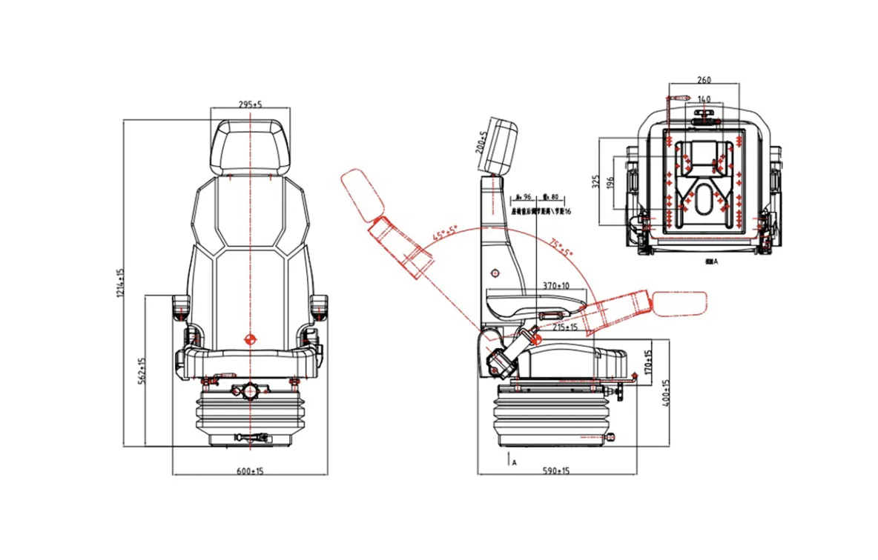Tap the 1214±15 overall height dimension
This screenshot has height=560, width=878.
pos(120,284)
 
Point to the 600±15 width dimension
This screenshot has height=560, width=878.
pos(251,470)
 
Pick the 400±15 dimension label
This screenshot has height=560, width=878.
pos(666,393)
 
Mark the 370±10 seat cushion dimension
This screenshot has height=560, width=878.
pos(555,285)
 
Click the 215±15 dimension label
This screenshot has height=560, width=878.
pos(565,327)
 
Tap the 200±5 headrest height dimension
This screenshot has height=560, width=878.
pos(481,142)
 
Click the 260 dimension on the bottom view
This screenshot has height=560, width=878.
pos(704,80)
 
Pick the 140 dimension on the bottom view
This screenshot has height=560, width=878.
pos(704,99)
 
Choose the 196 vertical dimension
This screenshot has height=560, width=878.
pos(610,181)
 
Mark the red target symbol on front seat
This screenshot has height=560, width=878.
pos(250,339)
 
